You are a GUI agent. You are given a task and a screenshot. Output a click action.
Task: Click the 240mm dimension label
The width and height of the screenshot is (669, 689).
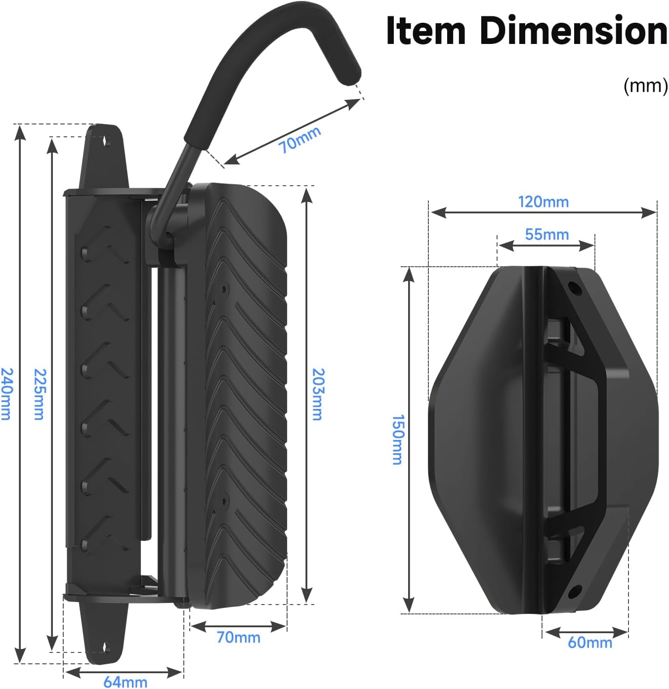click(5, 394)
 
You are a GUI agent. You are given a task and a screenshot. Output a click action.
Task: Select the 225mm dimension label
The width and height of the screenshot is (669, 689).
click(39, 394)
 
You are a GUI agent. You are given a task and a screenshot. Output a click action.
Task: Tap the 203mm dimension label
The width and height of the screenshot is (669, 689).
click(318, 394)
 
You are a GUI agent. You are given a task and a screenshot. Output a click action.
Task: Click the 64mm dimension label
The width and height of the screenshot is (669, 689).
click(125, 682)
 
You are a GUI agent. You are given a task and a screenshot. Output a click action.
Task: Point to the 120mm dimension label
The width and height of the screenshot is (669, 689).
click(543, 202)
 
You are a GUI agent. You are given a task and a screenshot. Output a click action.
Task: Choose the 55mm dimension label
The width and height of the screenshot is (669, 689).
click(546, 234)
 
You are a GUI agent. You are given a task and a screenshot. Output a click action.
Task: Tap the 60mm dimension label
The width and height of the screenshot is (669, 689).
click(589, 642)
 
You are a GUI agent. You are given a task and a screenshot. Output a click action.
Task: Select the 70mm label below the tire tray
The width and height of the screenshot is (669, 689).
click(239, 637)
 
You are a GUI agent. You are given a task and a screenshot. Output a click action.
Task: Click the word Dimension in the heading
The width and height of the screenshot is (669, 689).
click(573, 31)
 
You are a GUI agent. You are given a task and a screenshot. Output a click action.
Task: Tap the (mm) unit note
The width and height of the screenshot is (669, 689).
click(645, 86)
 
